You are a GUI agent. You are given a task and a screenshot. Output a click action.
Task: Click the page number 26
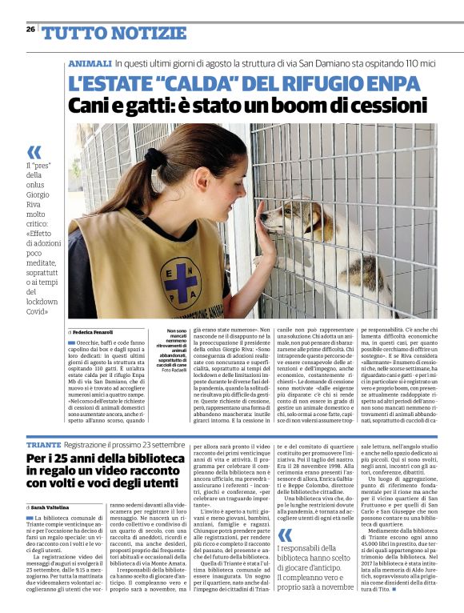coord(30,29)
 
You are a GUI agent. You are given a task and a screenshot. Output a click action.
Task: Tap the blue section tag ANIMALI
coord(89,63)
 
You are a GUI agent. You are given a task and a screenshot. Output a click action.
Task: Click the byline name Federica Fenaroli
coord(94,331)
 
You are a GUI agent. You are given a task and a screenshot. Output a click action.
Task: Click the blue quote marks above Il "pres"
coord(34,152)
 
